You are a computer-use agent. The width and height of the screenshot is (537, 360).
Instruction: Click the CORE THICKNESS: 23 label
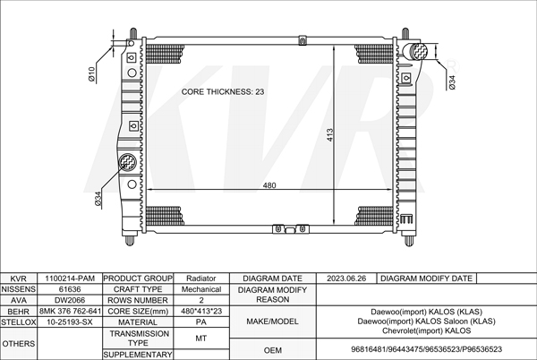(223, 92)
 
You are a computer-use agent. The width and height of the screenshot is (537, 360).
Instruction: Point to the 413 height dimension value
(329, 135)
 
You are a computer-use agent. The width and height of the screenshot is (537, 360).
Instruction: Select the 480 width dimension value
(269, 185)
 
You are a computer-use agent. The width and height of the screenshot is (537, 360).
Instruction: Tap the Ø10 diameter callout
(91, 74)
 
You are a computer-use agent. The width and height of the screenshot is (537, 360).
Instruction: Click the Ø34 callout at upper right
(452, 82)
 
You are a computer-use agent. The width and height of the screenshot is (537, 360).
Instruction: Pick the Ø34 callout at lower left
(98, 199)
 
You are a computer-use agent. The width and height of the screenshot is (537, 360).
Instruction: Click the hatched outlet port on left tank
(127, 162)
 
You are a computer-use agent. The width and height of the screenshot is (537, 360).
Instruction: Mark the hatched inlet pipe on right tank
(415, 51)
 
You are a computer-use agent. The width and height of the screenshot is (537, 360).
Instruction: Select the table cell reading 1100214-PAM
(70, 279)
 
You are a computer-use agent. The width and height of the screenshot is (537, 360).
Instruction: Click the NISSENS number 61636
(70, 289)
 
